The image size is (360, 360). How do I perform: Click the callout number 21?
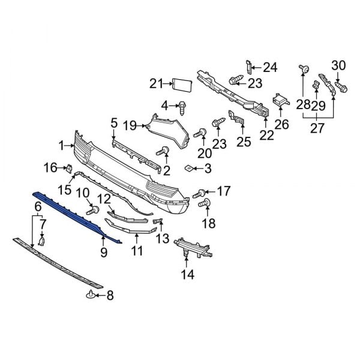pyautogui.click(x=156, y=83)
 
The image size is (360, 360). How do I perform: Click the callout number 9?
pyautogui.click(x=103, y=253)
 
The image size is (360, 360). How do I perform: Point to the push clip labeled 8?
pyautogui.click(x=91, y=294)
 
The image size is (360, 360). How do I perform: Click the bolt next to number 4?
pyautogui.click(x=181, y=107)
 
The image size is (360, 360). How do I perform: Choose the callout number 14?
pyautogui.click(x=188, y=275)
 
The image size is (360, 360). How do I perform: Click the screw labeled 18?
pyautogui.click(x=202, y=205)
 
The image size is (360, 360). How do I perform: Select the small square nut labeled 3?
pyautogui.click(x=189, y=168)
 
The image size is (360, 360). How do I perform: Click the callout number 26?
pyautogui.click(x=281, y=125)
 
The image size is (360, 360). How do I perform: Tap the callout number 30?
pyautogui.click(x=339, y=65)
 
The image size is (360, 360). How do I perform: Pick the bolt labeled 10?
pyautogui.click(x=93, y=210)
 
